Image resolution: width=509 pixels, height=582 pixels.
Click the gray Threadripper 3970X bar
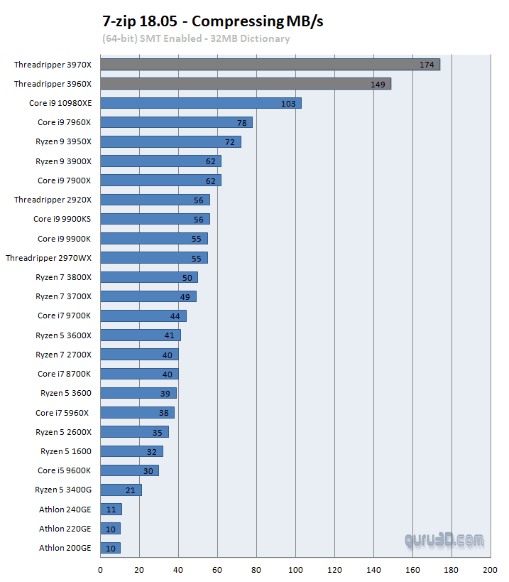pyautogui.click(x=270, y=65)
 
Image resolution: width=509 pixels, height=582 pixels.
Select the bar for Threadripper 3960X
pyautogui.click(x=245, y=84)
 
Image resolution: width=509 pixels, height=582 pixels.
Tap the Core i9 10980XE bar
pyautogui.click(x=200, y=103)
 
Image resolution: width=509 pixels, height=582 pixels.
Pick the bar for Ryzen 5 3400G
pyautogui.click(x=121, y=490)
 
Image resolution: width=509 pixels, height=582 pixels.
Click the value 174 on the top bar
pyautogui.click(x=427, y=65)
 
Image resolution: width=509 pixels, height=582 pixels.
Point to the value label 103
pyautogui.click(x=288, y=103)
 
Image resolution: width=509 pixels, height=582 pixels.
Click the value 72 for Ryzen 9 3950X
pyautogui.click(x=229, y=142)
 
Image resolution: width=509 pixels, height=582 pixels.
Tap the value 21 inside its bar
pyautogui.click(x=130, y=490)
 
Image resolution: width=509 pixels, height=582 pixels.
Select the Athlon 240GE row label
pyautogui.click(x=65, y=509)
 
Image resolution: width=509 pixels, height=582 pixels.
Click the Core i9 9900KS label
pyautogui.click(x=62, y=219)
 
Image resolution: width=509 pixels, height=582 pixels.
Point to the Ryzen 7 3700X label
pyautogui.click(x=63, y=296)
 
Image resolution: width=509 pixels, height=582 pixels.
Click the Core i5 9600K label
pyautogui.click(x=64, y=470)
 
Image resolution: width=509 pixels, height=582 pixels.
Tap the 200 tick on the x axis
pyautogui.click(x=489, y=570)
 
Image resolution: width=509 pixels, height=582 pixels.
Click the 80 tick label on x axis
pyautogui.click(x=256, y=570)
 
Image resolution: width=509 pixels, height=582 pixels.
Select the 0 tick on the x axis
pyautogui.click(x=100, y=570)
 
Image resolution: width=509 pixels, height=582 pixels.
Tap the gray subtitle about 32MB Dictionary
pyautogui.click(x=196, y=38)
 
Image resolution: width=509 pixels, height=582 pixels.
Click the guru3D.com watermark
pyautogui.click(x=444, y=540)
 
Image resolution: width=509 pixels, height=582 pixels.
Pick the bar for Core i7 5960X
pyautogui.click(x=136, y=412)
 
